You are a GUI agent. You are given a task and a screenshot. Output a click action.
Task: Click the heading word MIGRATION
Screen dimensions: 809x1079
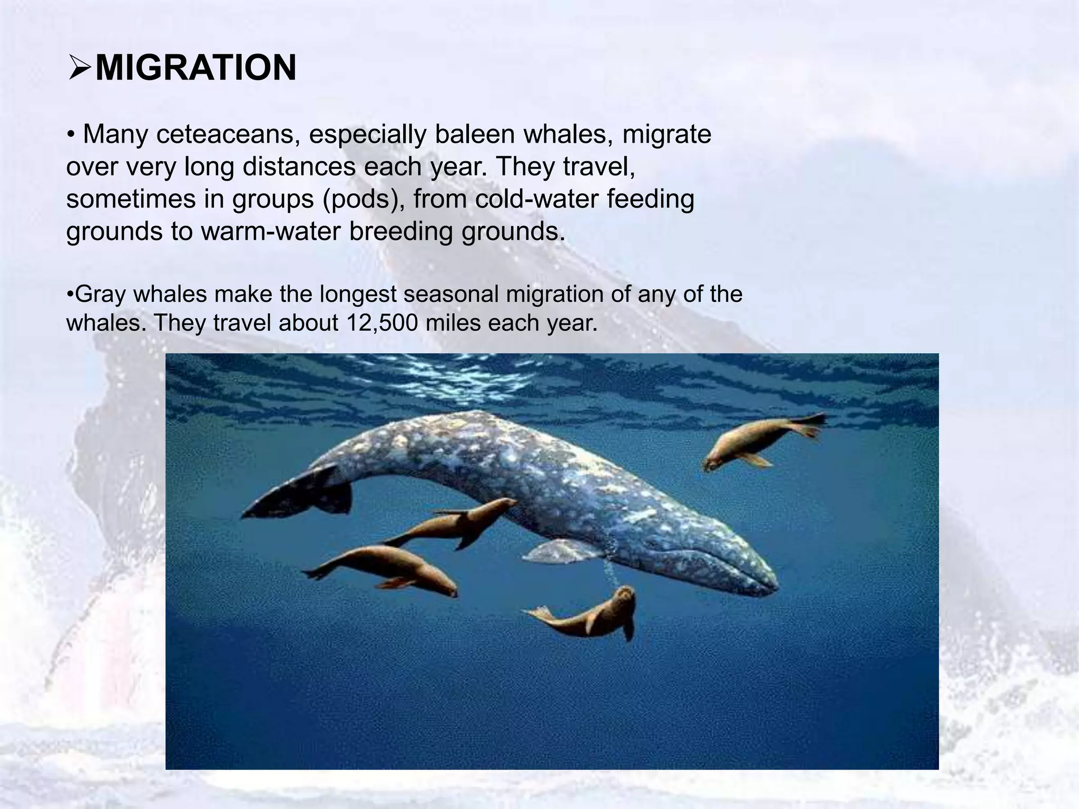[195, 68]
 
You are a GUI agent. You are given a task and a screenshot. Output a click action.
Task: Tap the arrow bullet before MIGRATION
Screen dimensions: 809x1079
[80, 69]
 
